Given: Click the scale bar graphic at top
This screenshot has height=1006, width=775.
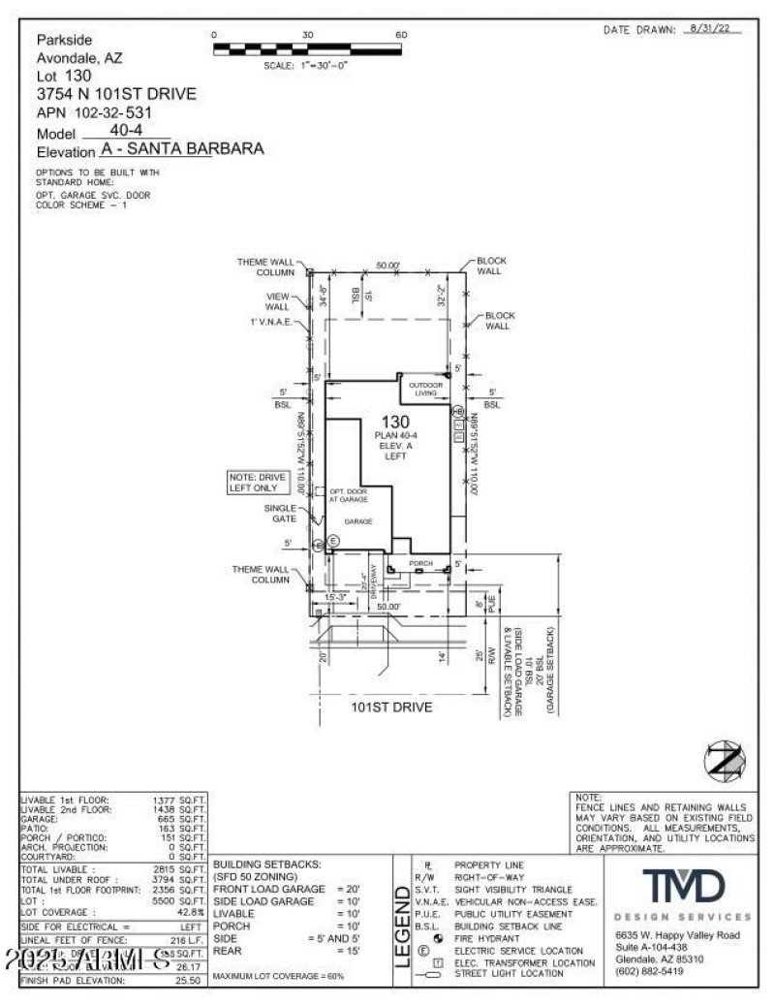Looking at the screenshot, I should (x=307, y=48).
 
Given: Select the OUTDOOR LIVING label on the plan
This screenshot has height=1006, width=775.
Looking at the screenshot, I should (x=427, y=389).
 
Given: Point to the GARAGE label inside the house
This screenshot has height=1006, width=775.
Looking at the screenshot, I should (x=359, y=520).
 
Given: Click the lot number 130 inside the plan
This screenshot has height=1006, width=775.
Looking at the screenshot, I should (x=394, y=422).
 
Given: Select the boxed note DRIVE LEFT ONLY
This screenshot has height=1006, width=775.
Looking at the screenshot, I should (x=258, y=482).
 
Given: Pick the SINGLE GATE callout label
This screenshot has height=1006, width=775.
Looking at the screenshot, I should (x=280, y=513).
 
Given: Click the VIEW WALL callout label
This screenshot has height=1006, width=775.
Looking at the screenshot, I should (x=277, y=301).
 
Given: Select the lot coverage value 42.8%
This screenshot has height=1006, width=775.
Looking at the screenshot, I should (x=190, y=913).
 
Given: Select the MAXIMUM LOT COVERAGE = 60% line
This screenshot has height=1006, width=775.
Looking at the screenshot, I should (x=278, y=975).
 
